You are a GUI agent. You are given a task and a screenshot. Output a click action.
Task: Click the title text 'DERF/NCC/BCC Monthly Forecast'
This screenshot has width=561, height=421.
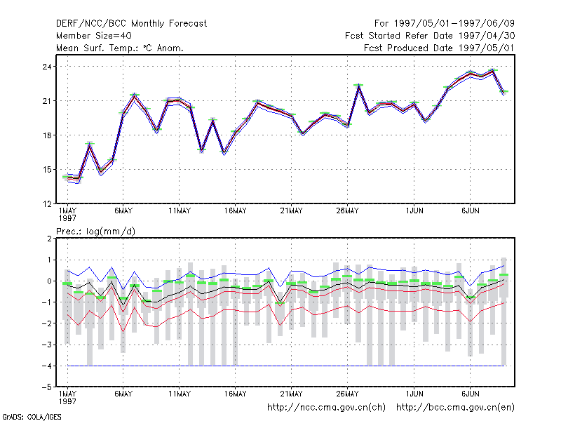click(x=131, y=24)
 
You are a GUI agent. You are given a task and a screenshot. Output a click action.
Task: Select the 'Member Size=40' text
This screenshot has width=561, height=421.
click(x=94, y=36)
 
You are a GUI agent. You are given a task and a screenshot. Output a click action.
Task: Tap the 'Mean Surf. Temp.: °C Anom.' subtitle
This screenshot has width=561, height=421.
click(x=120, y=48)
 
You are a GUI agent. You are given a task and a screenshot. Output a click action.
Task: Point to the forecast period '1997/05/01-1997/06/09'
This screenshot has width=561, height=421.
click(x=454, y=24)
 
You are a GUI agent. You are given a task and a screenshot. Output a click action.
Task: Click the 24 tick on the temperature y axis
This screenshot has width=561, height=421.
click(x=47, y=67)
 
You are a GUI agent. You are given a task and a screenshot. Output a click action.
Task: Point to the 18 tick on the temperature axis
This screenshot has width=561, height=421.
click(x=47, y=135)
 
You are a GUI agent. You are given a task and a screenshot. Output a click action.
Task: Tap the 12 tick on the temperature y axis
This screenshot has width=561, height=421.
click(x=47, y=204)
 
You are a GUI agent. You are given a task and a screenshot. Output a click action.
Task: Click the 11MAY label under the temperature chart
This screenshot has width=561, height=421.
click(x=180, y=211)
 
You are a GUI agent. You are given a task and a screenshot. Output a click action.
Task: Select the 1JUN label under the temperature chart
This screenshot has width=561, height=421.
click(x=414, y=211)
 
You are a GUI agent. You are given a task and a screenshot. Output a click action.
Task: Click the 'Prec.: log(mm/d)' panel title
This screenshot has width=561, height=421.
click(x=95, y=232)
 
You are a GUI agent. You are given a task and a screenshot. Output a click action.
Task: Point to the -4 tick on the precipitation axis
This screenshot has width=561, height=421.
click(x=46, y=366)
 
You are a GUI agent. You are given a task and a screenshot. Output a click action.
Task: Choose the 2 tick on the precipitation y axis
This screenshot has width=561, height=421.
click(x=49, y=239)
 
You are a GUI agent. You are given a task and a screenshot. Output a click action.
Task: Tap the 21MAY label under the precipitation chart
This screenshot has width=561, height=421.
click(x=291, y=394)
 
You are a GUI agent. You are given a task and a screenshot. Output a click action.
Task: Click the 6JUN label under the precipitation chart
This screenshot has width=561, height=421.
click(x=470, y=394)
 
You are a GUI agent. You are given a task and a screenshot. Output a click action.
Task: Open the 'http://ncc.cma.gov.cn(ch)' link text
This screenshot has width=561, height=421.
click(x=326, y=408)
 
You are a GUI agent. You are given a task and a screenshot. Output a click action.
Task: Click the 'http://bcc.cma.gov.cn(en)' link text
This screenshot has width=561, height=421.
click(x=455, y=408)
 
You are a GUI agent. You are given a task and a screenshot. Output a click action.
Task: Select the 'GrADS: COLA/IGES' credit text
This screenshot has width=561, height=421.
click(x=32, y=417)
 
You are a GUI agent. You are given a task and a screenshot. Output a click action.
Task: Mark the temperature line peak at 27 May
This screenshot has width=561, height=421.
click(x=358, y=86)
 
